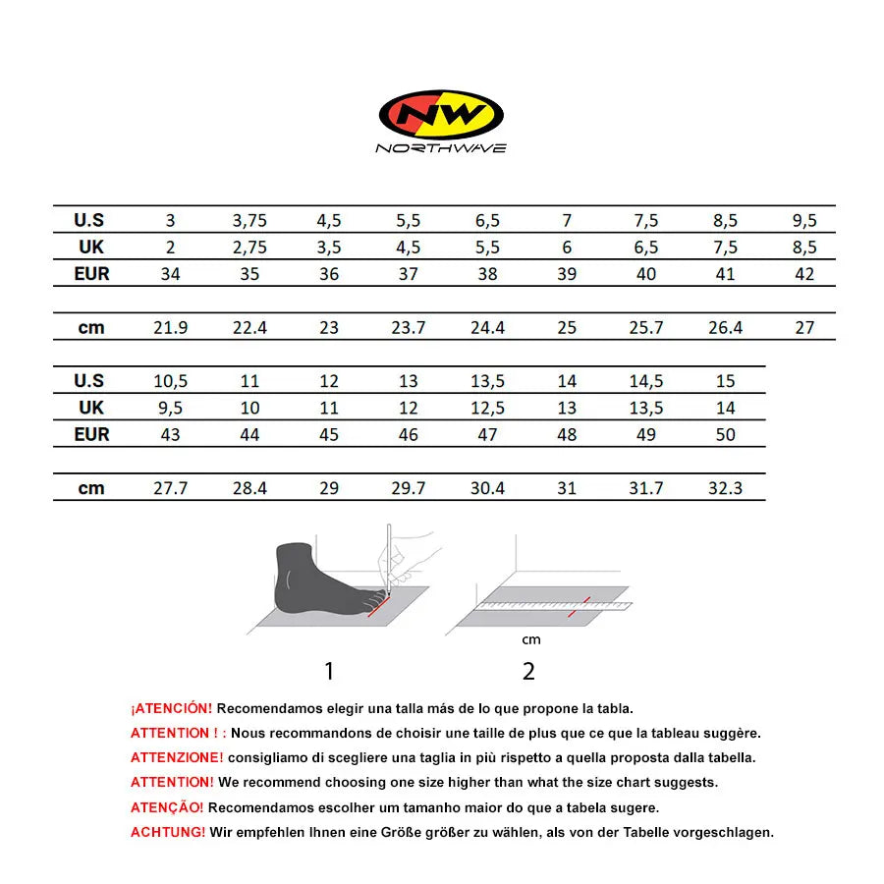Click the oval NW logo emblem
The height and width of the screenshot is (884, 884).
click(441, 114)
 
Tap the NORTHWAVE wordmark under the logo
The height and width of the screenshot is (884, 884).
click(441, 148)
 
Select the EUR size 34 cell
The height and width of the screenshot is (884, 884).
click(170, 274)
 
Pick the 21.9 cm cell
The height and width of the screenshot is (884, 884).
click(170, 328)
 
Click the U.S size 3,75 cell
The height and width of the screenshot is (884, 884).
click(249, 221)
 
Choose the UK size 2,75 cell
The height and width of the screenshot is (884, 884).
click(249, 248)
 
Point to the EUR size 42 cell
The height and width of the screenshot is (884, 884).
click(804, 274)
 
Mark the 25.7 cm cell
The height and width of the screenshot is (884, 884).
click(645, 328)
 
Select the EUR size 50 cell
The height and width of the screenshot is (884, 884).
click(725, 434)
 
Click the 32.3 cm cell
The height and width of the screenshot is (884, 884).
click(725, 488)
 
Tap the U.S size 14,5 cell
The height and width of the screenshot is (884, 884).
click(645, 381)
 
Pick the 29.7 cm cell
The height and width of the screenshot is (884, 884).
click(409, 488)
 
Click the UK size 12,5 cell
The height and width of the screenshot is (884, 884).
click(487, 408)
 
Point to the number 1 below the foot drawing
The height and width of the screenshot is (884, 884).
click(329, 672)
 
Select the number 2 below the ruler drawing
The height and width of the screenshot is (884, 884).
click(528, 672)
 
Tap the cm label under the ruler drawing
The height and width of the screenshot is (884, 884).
click(530, 640)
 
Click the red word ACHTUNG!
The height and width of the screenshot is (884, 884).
click(168, 832)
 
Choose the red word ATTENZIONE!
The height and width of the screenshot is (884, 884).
click(177, 757)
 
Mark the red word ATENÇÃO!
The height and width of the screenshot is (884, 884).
click(167, 807)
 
